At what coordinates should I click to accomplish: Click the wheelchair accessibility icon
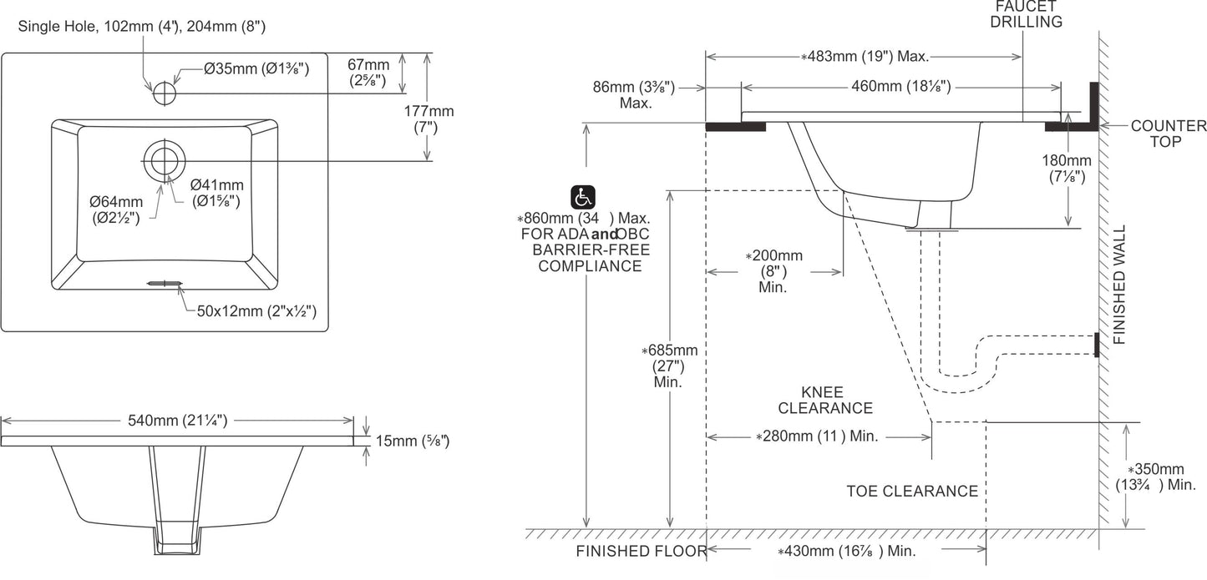tap(582, 198)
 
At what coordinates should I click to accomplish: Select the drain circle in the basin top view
tap(165, 160)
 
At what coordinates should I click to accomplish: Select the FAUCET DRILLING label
tap(1027, 14)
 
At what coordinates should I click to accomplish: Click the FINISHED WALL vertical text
tap(1119, 285)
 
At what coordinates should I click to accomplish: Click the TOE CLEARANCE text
tap(912, 492)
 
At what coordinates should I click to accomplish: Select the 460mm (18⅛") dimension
tap(900, 85)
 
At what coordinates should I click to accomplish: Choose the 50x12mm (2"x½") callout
tap(256, 311)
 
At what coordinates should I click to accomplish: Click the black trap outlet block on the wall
tap(1097, 345)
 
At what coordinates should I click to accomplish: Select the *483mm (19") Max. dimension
tap(865, 57)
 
